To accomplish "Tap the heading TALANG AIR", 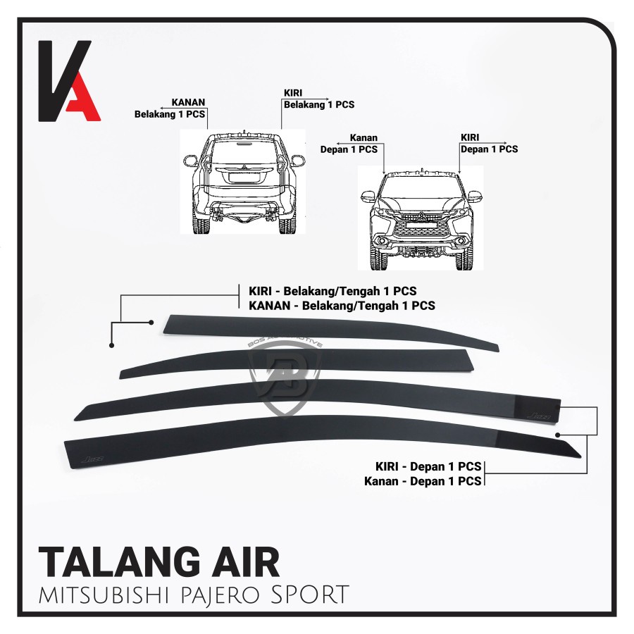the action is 158,562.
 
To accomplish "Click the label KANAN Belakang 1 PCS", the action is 172,106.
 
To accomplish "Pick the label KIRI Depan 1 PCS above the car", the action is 488,144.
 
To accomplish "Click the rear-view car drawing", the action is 243,182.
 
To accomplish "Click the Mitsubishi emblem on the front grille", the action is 421,216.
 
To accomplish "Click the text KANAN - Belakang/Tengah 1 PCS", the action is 341,306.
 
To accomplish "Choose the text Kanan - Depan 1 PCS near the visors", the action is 423,481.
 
